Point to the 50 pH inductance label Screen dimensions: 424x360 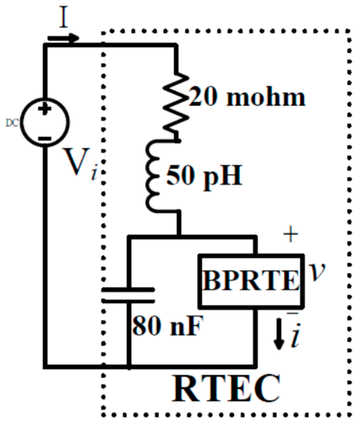click(204, 175)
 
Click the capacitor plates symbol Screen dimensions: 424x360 click(129, 295)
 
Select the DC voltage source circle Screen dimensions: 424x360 click(44, 122)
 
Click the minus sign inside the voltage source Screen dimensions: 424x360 click(45, 138)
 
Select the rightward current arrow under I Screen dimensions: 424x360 click(63, 38)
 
